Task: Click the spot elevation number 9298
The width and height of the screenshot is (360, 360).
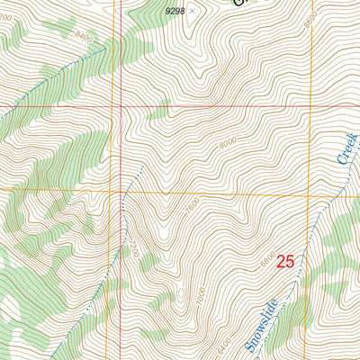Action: [x=176, y=10]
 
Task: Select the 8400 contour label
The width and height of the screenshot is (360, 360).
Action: [x=85, y=37]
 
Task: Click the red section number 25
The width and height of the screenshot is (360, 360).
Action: [x=285, y=262]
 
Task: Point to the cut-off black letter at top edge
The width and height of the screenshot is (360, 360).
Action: [x=238, y=3]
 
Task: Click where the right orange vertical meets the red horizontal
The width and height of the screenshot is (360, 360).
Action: [x=310, y=105]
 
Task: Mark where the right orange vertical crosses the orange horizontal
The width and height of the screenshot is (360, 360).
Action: [x=310, y=192]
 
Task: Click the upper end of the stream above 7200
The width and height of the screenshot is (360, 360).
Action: [x=141, y=167]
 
